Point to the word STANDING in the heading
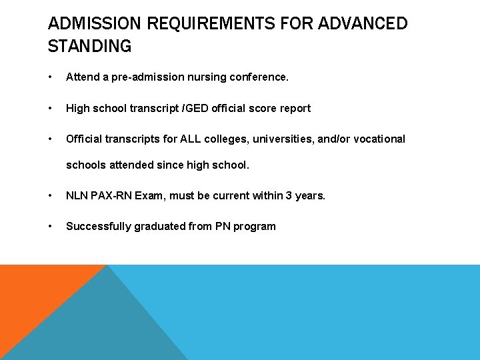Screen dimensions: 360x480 click(90, 47)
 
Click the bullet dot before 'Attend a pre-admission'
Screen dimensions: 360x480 click(51, 77)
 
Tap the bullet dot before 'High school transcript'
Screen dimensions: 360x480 click(51, 108)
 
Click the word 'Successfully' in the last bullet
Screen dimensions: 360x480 click(98, 226)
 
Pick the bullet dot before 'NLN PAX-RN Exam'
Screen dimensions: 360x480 click(51, 196)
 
